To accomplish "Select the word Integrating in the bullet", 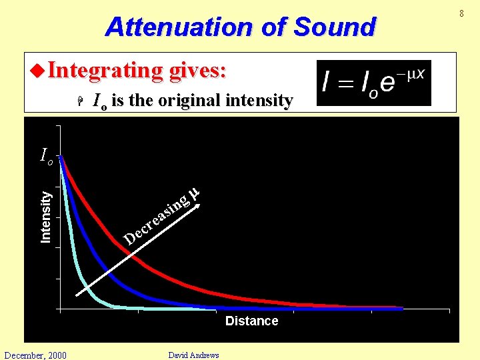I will point(105,70).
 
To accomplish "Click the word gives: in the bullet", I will point(198,70).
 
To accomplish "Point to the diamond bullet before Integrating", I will point(37,70).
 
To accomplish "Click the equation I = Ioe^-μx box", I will point(373,83).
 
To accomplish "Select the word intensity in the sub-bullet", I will point(259,101).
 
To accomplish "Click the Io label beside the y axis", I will point(46,156).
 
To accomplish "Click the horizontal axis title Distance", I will point(251,321).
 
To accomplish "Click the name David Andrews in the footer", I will point(193,355).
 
